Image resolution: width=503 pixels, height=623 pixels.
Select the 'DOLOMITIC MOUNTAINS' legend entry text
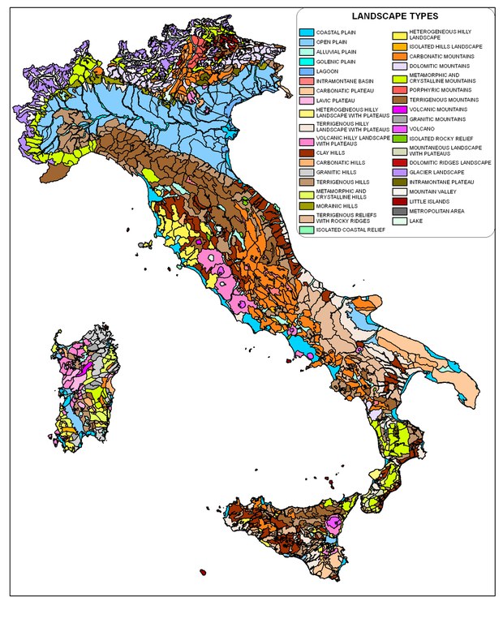tap(448, 66)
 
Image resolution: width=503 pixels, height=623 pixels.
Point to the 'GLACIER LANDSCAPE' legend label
tap(445, 172)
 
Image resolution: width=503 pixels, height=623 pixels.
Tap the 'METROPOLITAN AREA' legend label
tap(445, 211)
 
